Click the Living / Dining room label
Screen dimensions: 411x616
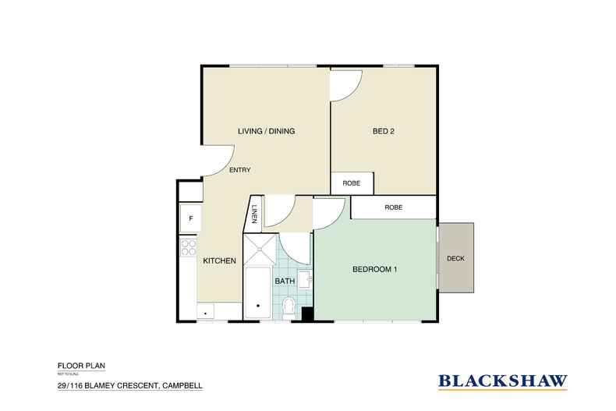pos(266,131)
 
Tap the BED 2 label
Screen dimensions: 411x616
pos(382,131)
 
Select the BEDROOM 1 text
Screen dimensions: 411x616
pos(375,270)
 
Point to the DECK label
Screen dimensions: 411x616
pos(456,259)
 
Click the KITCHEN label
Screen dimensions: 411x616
pos(219,261)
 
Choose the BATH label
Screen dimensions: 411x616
pos(283,280)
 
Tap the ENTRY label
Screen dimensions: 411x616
pos(239,170)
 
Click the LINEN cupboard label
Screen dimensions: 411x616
pos(254,213)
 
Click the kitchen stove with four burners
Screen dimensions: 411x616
pos(188,248)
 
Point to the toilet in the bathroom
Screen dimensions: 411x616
pos(289,306)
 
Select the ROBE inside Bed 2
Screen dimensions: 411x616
pos(352,183)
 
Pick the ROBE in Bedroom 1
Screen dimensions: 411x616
pos(392,208)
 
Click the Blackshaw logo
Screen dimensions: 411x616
pos(502,381)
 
